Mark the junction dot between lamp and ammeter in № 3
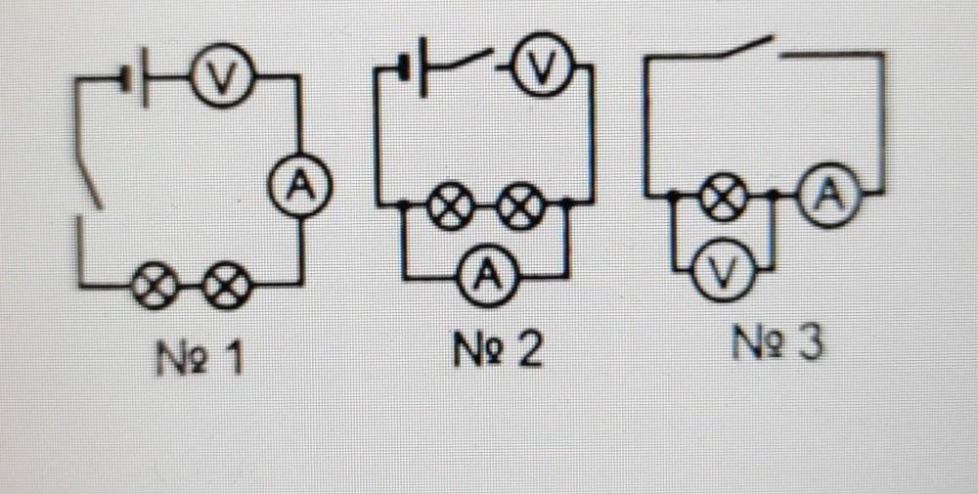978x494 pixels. pyautogui.click(x=775, y=197)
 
